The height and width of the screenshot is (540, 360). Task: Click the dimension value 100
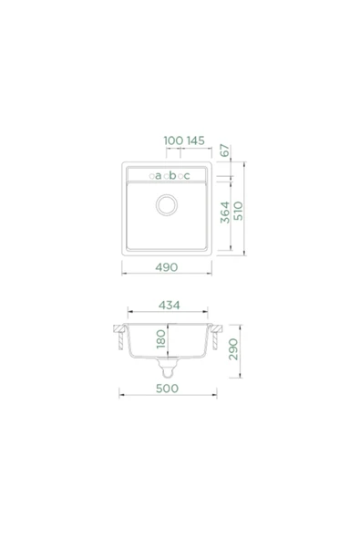pos(173,140)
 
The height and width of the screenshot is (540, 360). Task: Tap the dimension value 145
pos(195,140)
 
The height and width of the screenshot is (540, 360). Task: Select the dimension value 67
pos(224,151)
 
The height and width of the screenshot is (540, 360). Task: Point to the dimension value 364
pos(225,213)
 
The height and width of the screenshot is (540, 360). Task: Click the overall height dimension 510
pos(238,211)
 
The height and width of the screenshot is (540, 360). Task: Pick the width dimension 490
pos(167,267)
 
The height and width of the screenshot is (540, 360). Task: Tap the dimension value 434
pos(169,306)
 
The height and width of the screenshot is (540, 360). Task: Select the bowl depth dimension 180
pos(160,339)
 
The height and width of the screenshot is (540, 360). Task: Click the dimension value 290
pos(233,349)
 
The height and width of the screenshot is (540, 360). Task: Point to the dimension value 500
pos(168,389)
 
